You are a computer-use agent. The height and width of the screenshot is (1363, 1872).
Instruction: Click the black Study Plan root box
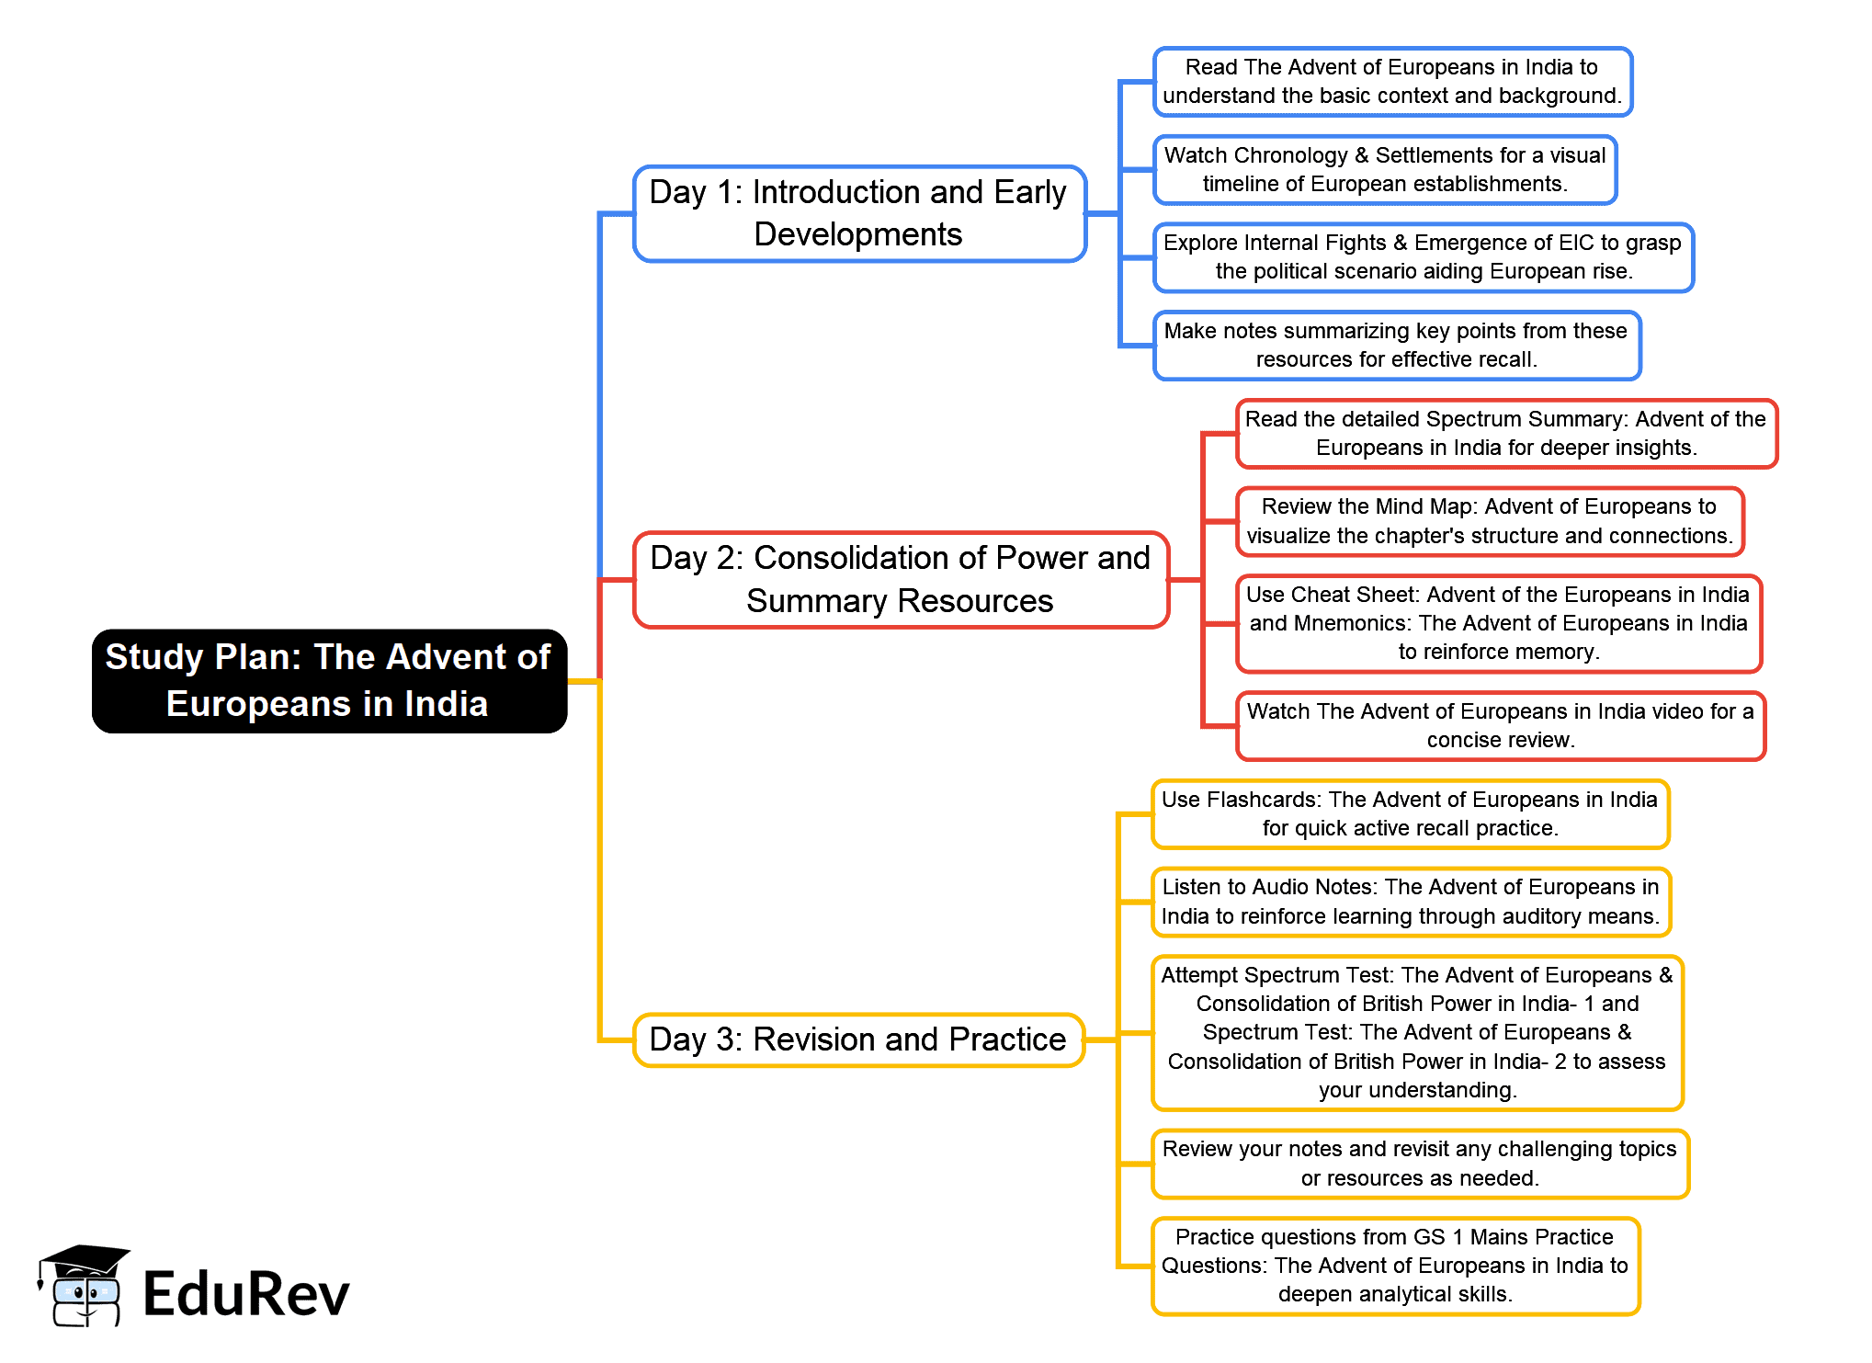[x=329, y=681]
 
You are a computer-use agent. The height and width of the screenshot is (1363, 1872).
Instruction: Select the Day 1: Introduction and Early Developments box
[x=859, y=213]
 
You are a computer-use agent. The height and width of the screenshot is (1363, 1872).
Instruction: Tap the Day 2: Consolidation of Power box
[x=901, y=580]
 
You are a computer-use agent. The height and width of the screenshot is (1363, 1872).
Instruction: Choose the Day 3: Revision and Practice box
[x=858, y=1039]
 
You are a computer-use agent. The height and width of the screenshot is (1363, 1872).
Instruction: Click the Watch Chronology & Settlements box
[x=1385, y=170]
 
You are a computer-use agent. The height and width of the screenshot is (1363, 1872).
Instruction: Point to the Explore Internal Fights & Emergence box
[x=1423, y=257]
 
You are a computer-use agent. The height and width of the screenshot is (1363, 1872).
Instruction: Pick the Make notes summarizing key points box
[x=1396, y=346]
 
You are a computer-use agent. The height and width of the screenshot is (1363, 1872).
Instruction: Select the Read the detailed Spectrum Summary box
[x=1506, y=434]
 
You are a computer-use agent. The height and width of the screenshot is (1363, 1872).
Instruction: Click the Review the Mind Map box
[x=1489, y=521]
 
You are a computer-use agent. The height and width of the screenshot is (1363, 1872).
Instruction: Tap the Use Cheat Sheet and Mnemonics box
[x=1498, y=623]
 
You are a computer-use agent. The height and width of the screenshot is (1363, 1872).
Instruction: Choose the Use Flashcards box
[x=1410, y=814]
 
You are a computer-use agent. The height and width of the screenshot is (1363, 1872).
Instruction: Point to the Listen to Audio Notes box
[x=1411, y=902]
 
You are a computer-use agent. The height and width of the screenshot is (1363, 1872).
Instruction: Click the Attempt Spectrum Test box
[x=1416, y=1033]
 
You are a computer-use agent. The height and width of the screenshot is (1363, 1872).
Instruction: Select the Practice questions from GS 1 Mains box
[x=1394, y=1266]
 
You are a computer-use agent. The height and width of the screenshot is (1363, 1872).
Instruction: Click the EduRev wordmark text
[x=246, y=1294]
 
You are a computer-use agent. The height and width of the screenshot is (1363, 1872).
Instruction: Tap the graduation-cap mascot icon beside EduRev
[x=84, y=1286]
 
